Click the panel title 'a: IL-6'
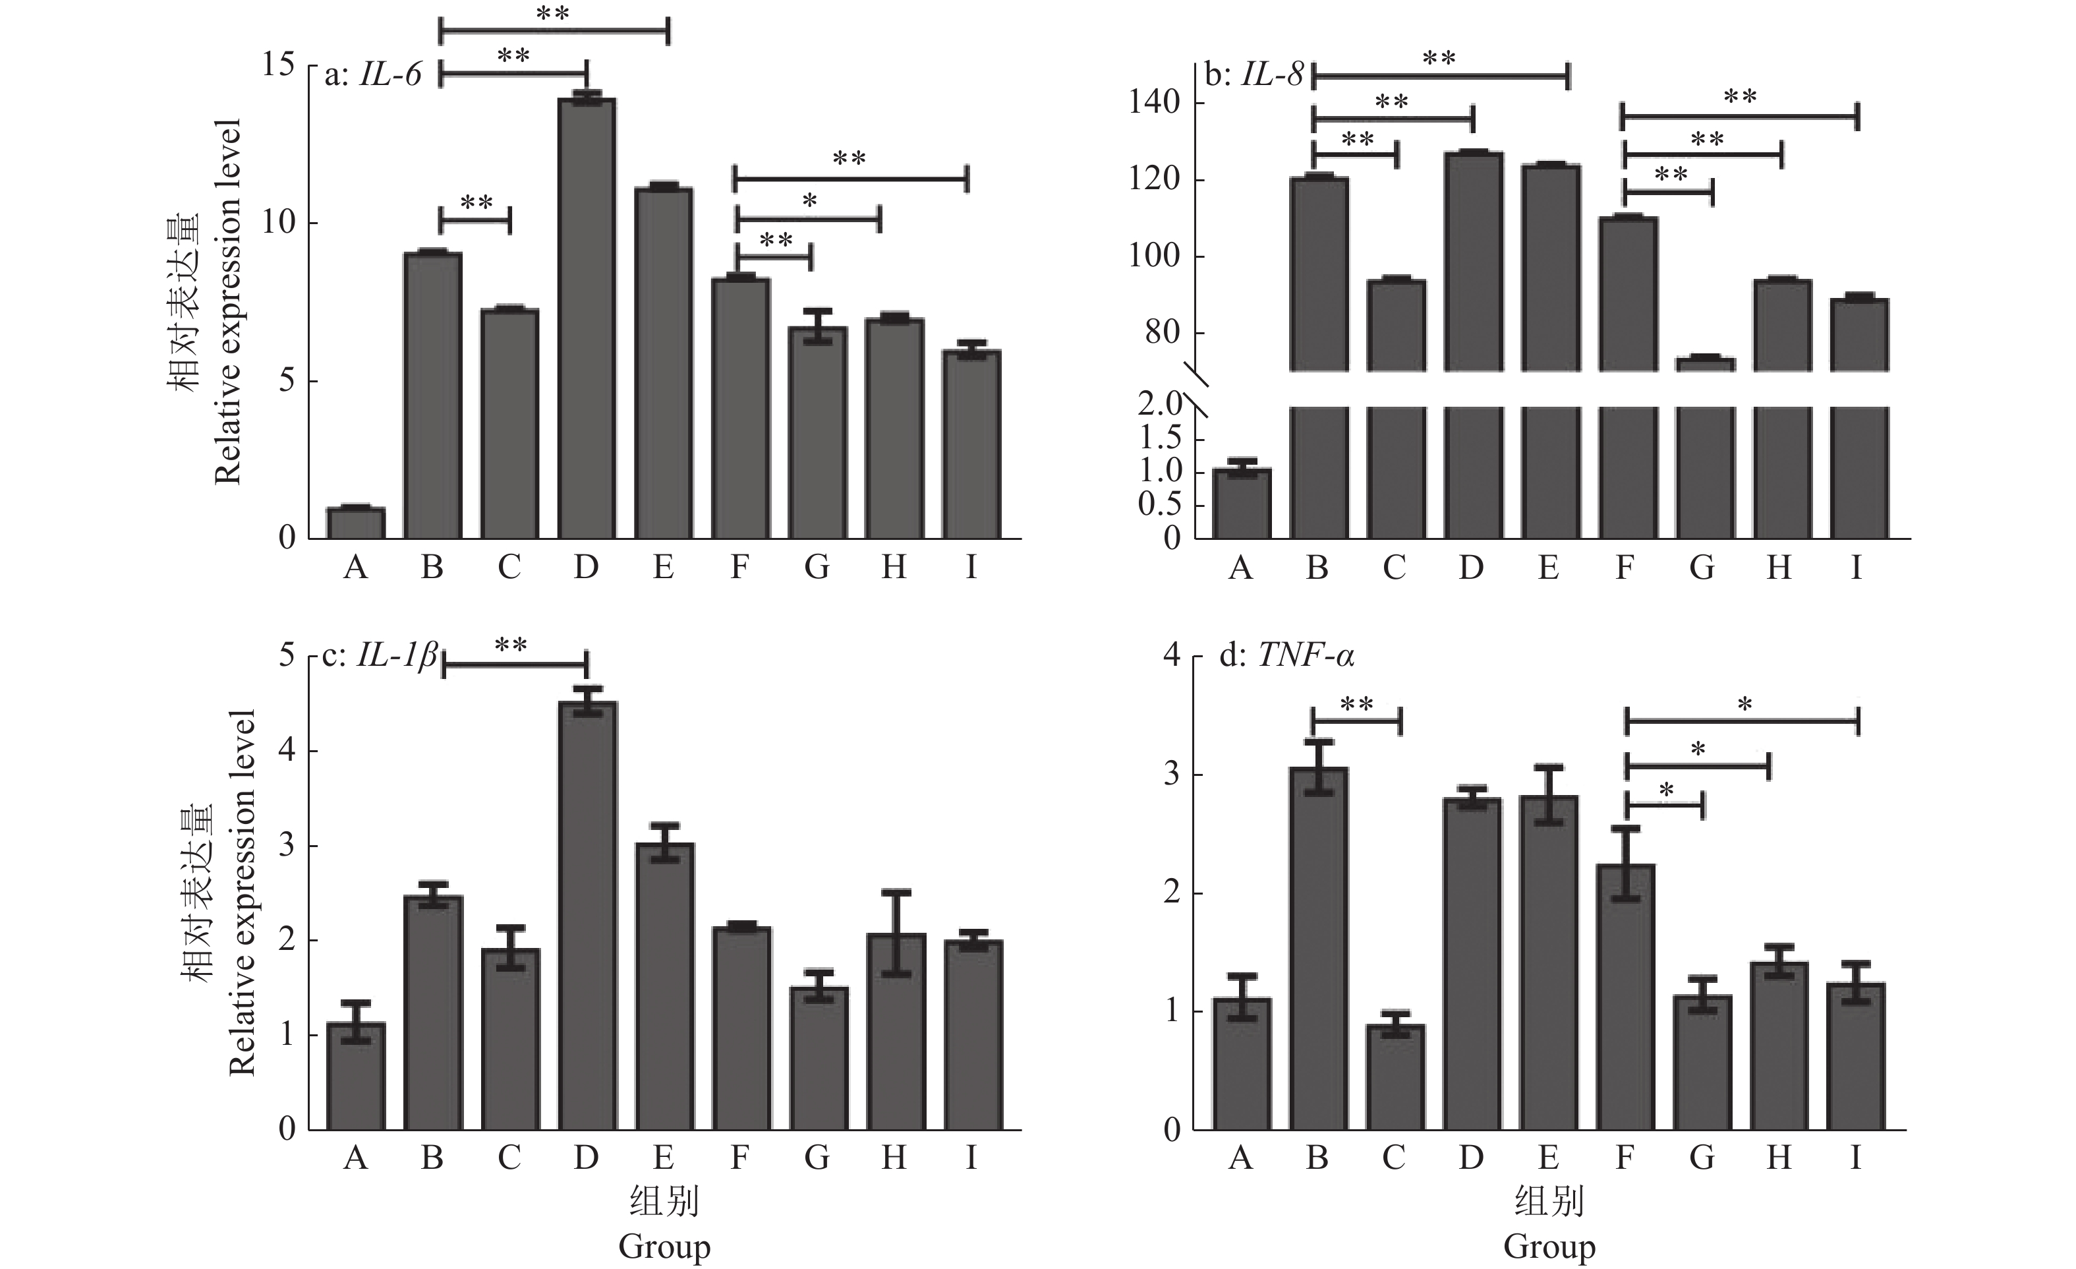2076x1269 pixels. point(372,75)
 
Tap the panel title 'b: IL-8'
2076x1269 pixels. point(1254,76)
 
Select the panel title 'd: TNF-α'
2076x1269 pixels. point(1286,655)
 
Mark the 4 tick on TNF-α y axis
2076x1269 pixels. point(1171,655)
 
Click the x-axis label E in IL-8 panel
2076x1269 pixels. point(1547,568)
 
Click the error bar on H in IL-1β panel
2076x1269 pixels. point(896,932)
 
